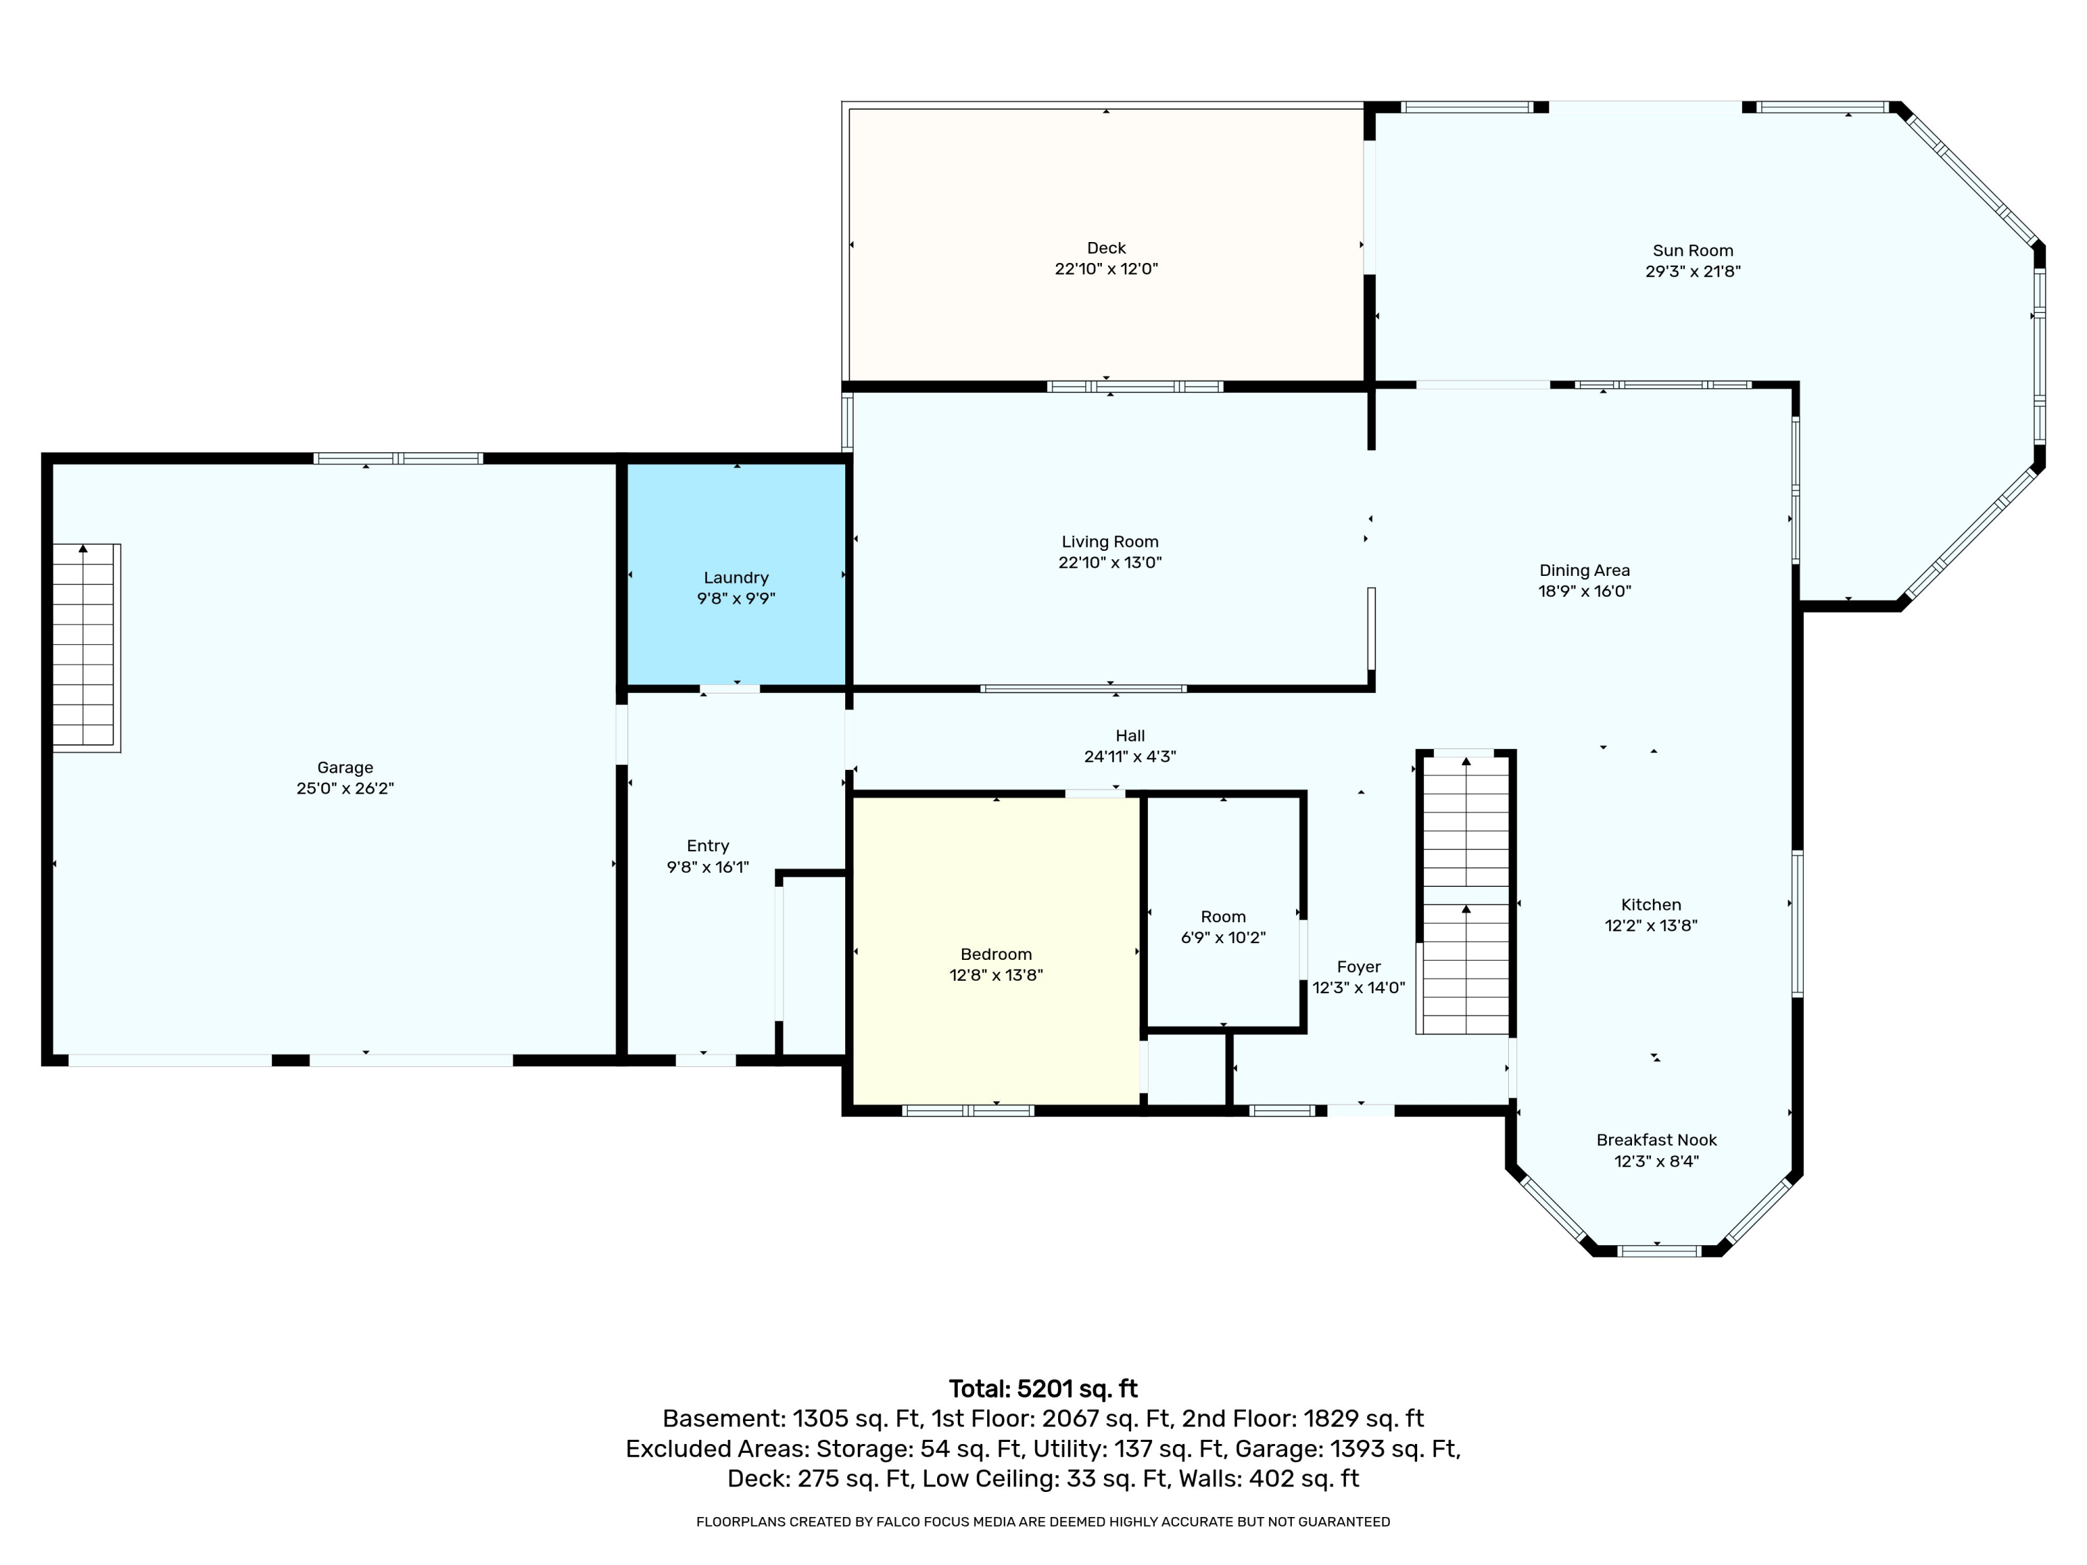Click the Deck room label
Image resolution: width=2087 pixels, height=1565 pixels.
1106,248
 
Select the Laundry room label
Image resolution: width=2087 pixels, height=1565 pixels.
736,577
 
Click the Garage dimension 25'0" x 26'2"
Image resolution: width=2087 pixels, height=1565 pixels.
345,789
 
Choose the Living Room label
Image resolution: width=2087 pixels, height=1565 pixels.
1110,541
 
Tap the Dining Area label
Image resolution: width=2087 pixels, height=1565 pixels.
1584,570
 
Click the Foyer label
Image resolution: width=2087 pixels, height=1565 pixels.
1359,967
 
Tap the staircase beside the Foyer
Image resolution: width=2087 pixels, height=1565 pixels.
1465,892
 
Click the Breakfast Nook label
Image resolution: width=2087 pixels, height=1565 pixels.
1657,1139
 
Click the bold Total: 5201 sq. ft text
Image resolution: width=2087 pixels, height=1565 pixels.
1043,1388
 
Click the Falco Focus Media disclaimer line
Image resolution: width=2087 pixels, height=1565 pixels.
1043,1522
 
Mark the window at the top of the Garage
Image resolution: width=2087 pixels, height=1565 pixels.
398,459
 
